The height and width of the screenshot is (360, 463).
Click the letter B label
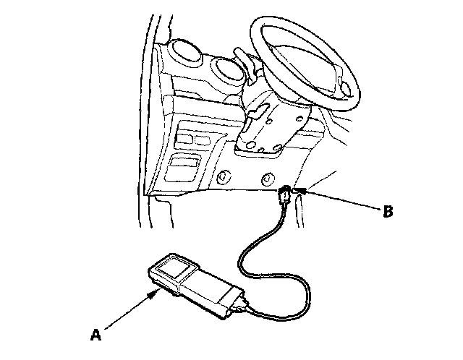[x=388, y=212]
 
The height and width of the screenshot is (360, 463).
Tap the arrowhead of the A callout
[x=157, y=292]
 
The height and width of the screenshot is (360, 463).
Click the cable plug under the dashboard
[x=286, y=195]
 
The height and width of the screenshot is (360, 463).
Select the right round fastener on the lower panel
[x=268, y=178]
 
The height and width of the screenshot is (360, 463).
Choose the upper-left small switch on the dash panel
[x=185, y=134]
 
